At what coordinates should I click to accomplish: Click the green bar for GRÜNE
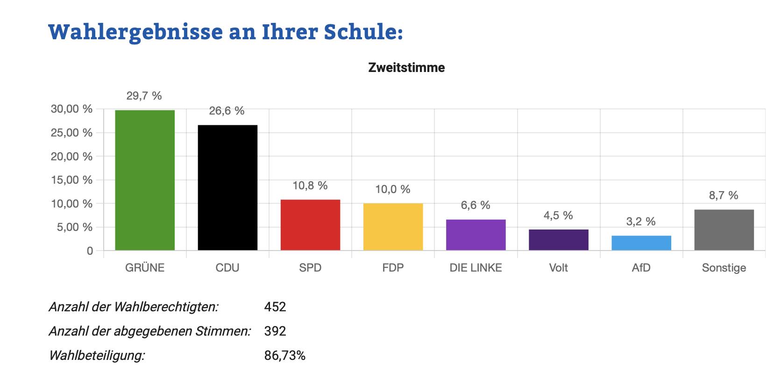click(145, 180)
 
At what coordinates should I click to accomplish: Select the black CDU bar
click(227, 187)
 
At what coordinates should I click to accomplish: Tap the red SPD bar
click(310, 225)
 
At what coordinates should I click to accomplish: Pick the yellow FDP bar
click(393, 227)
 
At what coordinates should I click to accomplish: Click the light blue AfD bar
click(641, 243)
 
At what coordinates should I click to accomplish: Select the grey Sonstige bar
click(724, 230)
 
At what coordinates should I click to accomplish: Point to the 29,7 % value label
click(144, 96)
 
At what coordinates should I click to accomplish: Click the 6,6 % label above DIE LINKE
click(476, 205)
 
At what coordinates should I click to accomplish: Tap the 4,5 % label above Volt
click(558, 215)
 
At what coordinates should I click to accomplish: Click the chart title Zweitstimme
click(406, 68)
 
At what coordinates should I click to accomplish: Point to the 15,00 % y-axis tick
click(71, 180)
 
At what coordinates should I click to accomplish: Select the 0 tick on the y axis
click(90, 251)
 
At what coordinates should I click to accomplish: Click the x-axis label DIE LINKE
click(476, 268)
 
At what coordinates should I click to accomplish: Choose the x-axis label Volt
click(558, 268)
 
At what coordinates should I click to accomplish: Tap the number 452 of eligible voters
click(275, 307)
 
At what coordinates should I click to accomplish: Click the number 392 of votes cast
click(275, 331)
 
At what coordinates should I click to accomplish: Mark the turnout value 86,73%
click(285, 356)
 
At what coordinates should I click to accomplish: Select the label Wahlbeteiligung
click(97, 356)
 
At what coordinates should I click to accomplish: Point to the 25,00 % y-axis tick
click(71, 133)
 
